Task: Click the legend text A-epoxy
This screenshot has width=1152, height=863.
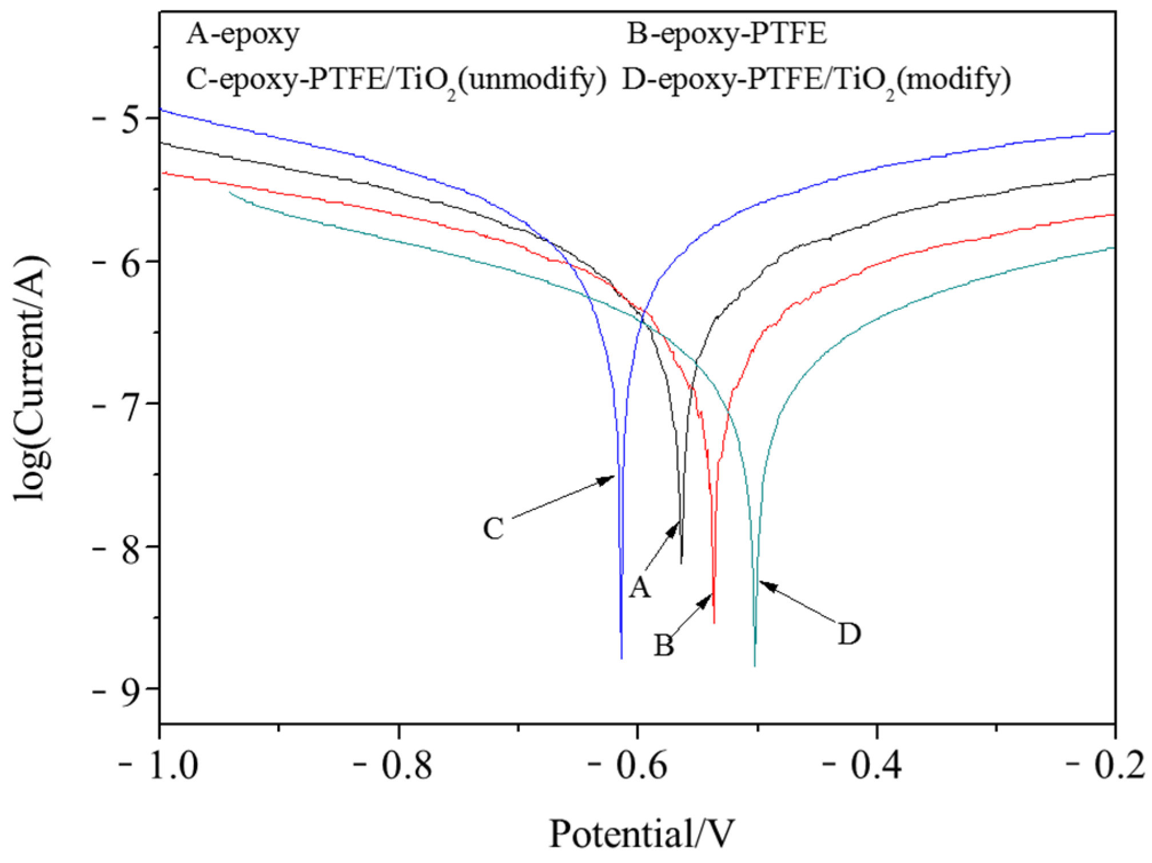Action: pos(242,34)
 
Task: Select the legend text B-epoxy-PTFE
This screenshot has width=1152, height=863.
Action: pos(727,34)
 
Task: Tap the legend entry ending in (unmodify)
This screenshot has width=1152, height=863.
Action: pos(396,80)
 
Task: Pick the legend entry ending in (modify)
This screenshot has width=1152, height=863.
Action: pos(816,80)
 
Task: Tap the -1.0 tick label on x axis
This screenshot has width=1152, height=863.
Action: pos(158,766)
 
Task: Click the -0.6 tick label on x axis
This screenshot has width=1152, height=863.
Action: pos(628,766)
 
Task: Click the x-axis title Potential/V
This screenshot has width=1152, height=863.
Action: pos(641,833)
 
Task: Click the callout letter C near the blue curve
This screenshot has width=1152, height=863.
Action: pos(493,529)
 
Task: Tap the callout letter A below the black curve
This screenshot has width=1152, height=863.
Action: pos(640,587)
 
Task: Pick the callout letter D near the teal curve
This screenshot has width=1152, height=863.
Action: pos(849,634)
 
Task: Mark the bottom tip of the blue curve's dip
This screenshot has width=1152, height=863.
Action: pos(621,657)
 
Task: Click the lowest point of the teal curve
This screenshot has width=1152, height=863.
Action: pos(755,665)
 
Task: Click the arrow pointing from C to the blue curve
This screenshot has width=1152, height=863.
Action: pos(563,497)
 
